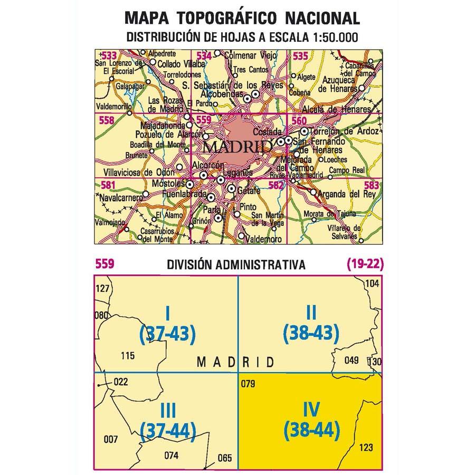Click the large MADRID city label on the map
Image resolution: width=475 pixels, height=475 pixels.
(x=237, y=146)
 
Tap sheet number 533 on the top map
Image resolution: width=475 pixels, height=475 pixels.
(x=109, y=55)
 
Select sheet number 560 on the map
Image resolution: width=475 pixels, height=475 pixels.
(x=299, y=121)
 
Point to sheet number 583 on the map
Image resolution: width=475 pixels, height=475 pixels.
(x=372, y=185)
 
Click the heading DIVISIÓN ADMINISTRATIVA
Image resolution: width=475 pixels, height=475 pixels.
(x=235, y=264)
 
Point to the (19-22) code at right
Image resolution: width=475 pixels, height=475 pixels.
(x=365, y=263)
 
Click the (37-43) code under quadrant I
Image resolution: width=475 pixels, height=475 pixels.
(x=167, y=333)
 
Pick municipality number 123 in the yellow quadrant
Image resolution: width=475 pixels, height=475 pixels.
(x=365, y=448)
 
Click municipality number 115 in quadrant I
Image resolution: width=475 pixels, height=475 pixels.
(x=128, y=356)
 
